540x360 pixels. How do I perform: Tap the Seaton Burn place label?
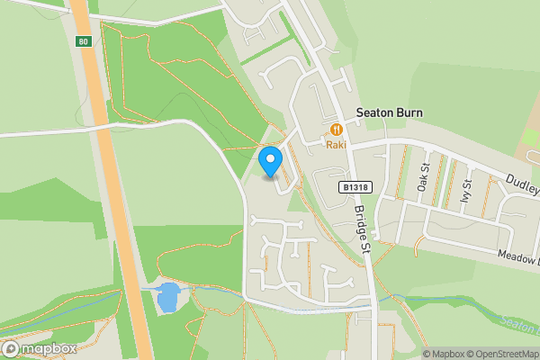click(x=390, y=113)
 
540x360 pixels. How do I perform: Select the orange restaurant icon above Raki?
click(x=336, y=129)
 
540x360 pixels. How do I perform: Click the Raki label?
click(x=336, y=144)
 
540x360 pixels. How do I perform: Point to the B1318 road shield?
click(x=355, y=187)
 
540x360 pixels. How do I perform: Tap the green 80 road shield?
click(x=84, y=41)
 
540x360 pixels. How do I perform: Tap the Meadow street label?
click(x=518, y=257)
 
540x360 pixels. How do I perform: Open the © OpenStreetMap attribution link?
click(x=501, y=354)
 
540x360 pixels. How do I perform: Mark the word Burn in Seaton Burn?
click(x=408, y=113)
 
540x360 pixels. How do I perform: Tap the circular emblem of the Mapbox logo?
click(x=11, y=348)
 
